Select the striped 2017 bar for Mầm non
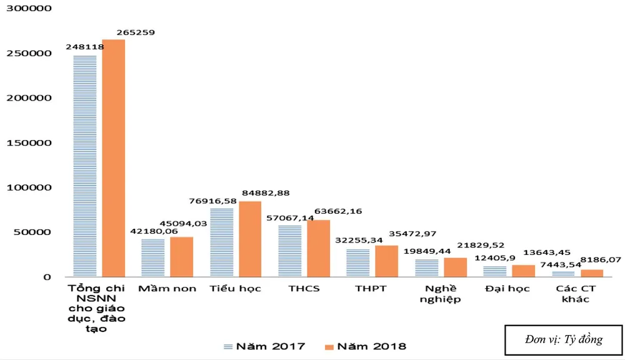tap(152, 257)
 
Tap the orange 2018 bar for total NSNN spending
tap(114, 158)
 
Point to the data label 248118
tap(84, 47)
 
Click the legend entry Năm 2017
tap(264, 346)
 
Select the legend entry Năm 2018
tap(365, 346)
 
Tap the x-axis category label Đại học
tap(507, 289)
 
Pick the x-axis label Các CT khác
tap(575, 294)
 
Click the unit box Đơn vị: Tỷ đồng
tap(564, 340)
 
